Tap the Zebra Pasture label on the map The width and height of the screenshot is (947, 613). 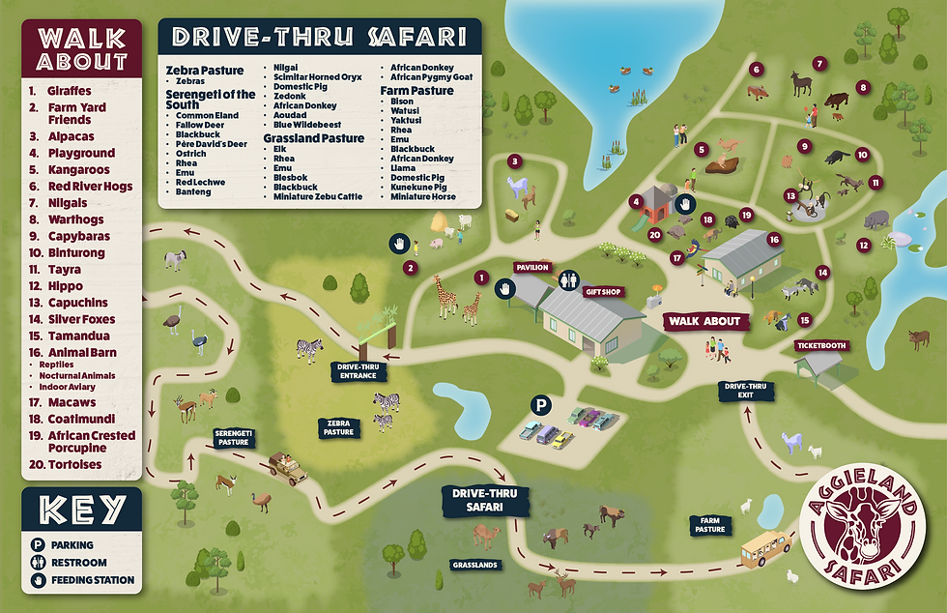tap(338, 427)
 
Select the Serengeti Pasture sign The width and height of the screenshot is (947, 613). tap(234, 437)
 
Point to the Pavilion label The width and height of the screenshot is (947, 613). tap(531, 268)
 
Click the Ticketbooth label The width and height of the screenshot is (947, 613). tap(820, 345)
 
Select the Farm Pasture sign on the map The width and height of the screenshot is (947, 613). tap(710, 525)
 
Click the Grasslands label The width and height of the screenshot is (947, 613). tap(475, 564)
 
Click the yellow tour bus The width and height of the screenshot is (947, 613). tap(767, 549)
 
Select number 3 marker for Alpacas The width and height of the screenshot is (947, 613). tap(515, 161)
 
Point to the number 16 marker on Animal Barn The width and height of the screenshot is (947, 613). tap(773, 238)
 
